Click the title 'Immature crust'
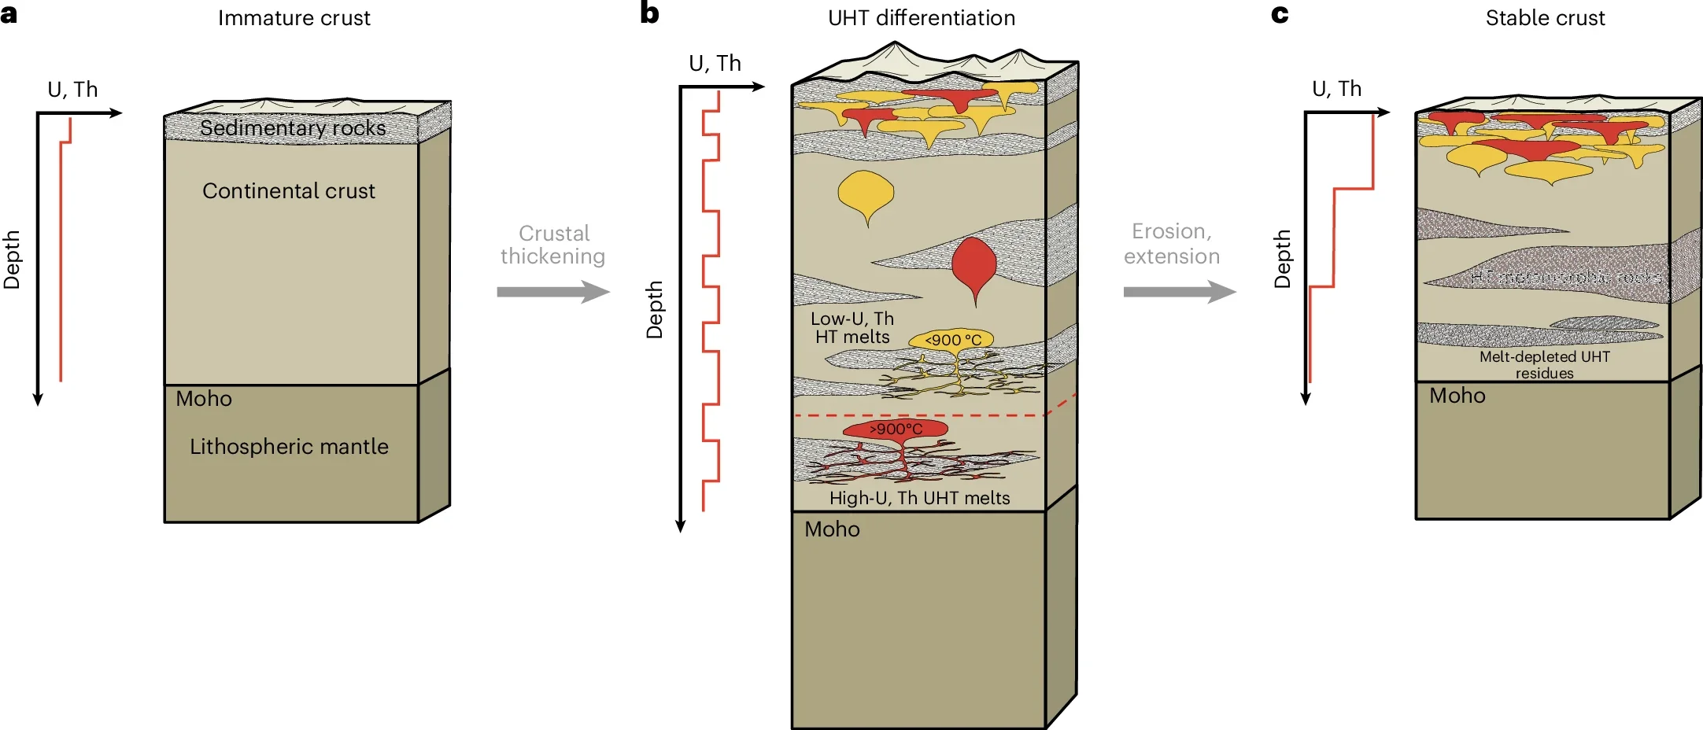[294, 18]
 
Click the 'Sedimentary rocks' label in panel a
[293, 128]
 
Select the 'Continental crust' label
[289, 191]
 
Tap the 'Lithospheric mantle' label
[289, 447]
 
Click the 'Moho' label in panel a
[204, 399]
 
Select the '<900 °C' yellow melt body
[952, 340]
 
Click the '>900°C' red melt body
[896, 430]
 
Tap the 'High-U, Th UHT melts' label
[919, 498]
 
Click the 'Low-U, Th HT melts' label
[852, 328]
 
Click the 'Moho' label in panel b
[832, 529]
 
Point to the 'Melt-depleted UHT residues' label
[1544, 365]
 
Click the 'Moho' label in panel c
[1457, 396]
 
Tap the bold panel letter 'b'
[649, 13]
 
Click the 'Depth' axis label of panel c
[1282, 259]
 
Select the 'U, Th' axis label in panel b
[715, 64]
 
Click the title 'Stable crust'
[1544, 18]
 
